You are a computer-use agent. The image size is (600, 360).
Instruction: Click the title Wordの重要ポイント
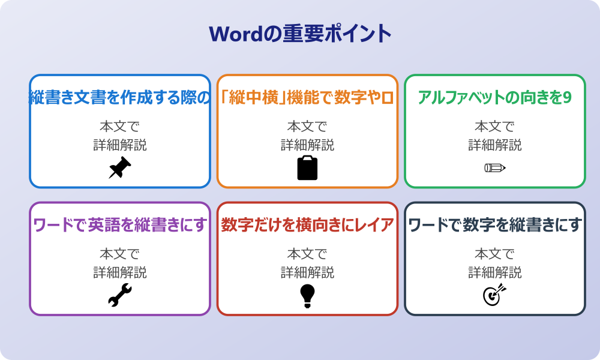coord(300,33)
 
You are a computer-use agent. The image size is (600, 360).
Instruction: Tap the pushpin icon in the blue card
coord(119,168)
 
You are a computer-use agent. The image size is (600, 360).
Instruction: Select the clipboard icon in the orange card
coord(307,168)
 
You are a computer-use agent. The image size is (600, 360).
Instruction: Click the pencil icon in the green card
coord(495,167)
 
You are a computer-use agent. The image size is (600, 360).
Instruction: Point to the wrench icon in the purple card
coord(119,295)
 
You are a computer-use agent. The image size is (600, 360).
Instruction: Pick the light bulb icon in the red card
coord(307,295)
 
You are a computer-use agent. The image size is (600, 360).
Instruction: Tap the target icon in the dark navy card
coord(495,295)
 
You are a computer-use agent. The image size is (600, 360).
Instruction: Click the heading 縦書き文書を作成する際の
coord(119,98)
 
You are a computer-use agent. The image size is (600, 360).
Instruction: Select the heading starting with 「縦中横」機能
coord(307,98)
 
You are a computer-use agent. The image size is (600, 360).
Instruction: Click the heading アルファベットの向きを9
coord(495,98)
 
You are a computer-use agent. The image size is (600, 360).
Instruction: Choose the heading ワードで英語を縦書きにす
coord(119,225)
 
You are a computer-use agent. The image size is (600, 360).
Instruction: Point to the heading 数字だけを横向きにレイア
coord(307,225)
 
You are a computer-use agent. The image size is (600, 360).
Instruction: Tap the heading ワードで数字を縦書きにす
coord(495,225)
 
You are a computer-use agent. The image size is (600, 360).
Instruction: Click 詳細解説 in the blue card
coord(119,145)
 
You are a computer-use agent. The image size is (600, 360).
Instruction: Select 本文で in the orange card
coord(307,127)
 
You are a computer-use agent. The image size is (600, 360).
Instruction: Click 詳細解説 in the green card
coord(495,145)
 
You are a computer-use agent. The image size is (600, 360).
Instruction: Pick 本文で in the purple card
coord(119,254)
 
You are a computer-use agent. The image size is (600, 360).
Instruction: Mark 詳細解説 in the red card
coord(307,272)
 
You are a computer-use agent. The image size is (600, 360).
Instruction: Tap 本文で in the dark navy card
coord(495,254)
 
